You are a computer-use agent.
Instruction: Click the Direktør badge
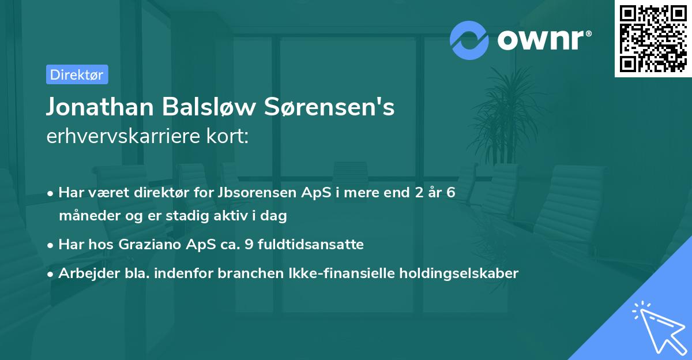77,74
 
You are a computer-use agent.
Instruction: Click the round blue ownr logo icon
469,39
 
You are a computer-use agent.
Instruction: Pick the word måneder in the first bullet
86,216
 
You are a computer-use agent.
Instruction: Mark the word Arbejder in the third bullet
85,273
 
